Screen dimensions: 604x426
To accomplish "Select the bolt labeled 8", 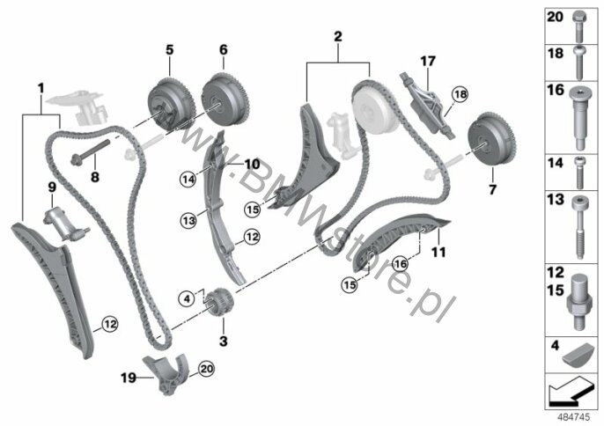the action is coord(90,151).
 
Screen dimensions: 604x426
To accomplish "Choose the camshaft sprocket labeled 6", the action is coord(225,97).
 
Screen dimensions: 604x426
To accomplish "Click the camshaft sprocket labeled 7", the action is coord(493,142).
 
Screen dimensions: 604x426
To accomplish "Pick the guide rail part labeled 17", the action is coord(428,106).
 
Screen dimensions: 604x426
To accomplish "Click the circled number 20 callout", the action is coord(207,370).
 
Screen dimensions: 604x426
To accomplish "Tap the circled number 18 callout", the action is coord(460,94).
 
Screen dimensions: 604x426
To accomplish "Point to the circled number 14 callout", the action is coord(188,179).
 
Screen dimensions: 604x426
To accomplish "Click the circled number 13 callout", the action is coord(189,221).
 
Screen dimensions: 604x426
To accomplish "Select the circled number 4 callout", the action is coord(187,298).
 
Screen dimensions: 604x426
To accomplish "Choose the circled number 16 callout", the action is coord(401,264).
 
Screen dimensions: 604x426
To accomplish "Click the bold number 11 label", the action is coord(438,253).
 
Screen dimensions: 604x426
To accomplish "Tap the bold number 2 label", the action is coord(338,37).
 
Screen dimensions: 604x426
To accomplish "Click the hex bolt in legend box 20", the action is coord(578,26).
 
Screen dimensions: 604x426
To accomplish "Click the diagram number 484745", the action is coord(574,417).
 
